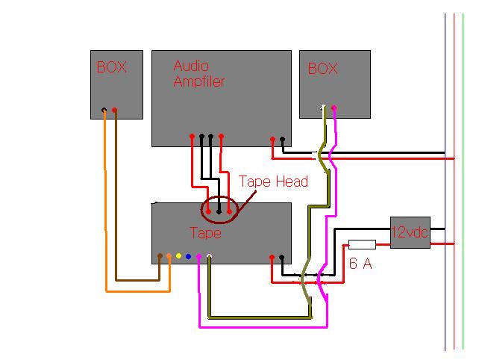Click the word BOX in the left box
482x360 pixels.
[x=111, y=67]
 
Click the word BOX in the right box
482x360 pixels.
[x=322, y=69]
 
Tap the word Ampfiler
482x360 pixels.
[x=198, y=81]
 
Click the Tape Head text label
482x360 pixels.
[x=273, y=181]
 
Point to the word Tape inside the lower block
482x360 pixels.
[x=205, y=233]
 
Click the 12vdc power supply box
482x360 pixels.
[x=410, y=232]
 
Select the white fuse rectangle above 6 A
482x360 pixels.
[x=362, y=244]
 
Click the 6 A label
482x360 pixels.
[x=361, y=263]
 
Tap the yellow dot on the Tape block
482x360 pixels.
[x=179, y=256]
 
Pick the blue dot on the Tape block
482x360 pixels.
[x=189, y=256]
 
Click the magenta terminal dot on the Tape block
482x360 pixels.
[x=198, y=256]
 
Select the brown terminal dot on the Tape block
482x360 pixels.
[x=160, y=257]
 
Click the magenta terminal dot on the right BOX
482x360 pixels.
[x=334, y=108]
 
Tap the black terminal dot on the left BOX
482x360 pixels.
[x=104, y=112]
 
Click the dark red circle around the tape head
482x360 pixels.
[x=218, y=210]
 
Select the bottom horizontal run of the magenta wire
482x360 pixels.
[x=261, y=326]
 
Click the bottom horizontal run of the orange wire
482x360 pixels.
[x=138, y=291]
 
